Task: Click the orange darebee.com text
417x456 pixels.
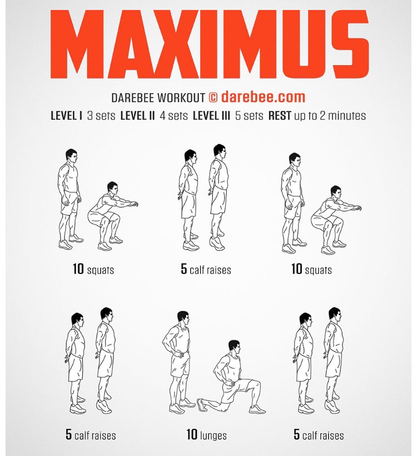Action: point(263,97)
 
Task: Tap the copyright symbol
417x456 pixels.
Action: point(212,97)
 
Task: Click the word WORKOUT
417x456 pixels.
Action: point(181,97)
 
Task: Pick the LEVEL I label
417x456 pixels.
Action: point(66,116)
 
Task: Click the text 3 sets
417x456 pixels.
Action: point(101,116)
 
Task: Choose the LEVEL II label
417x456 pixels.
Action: point(138,116)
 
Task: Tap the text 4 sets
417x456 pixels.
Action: point(174,116)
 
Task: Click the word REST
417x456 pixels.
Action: point(280,116)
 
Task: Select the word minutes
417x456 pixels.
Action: point(347,116)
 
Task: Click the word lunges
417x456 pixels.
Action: point(214,435)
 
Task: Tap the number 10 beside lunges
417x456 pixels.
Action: point(192,435)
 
